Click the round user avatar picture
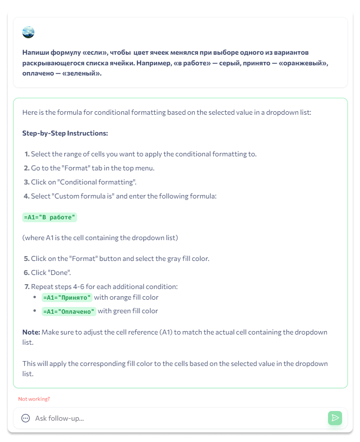point(28,32)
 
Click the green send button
point(335,418)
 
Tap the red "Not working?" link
point(34,399)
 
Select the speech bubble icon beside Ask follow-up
point(26,418)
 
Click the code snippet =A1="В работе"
point(49,217)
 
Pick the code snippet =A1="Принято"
point(67,297)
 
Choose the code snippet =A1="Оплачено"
point(69,311)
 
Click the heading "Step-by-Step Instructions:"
point(65,133)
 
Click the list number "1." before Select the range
point(27,154)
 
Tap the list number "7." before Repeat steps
point(27,287)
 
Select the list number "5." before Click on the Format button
point(27,259)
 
